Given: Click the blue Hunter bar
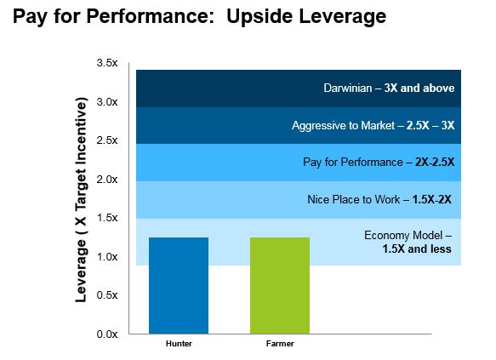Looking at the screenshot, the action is pos(179,285).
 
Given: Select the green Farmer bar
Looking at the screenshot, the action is pos(280,285).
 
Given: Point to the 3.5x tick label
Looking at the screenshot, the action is pos(107,63).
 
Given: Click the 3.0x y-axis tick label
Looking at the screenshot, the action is pos(107,102).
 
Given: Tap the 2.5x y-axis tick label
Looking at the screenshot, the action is pos(107,140).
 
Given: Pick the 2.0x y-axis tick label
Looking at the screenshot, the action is pos(107,180).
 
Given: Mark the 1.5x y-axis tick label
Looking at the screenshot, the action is pos(107,218).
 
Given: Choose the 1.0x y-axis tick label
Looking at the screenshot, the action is pos(107,256).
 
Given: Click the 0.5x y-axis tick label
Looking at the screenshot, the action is pos(107,295).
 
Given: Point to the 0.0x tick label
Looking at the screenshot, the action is pos(107,334).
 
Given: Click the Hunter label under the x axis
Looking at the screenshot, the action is pos(179,344).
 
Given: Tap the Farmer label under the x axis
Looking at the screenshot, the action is pos(280,344).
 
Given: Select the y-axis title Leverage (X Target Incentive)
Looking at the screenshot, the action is pos(81,200).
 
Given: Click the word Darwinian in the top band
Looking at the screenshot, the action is pos(348,88).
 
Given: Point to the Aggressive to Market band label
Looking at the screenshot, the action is pos(373,126).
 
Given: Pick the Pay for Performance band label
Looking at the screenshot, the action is pos(379,163).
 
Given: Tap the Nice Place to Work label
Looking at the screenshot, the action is pos(379,200).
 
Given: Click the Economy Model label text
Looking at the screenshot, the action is pos(408,242).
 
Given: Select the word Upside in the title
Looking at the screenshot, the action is pos(259,16).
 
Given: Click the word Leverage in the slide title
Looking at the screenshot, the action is pos(342,17).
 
